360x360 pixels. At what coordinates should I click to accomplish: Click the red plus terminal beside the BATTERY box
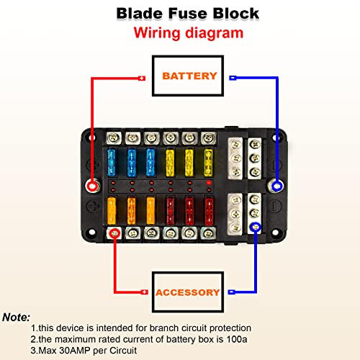(x=141, y=78)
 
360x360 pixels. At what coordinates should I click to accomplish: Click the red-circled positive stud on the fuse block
(x=94, y=185)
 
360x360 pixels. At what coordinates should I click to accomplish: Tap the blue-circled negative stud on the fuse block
(x=276, y=186)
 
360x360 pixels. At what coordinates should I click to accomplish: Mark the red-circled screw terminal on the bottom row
(x=114, y=233)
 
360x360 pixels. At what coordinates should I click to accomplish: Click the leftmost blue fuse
(x=114, y=163)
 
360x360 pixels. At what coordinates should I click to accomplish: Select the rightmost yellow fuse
(x=208, y=163)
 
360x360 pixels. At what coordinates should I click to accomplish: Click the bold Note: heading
(x=17, y=317)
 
